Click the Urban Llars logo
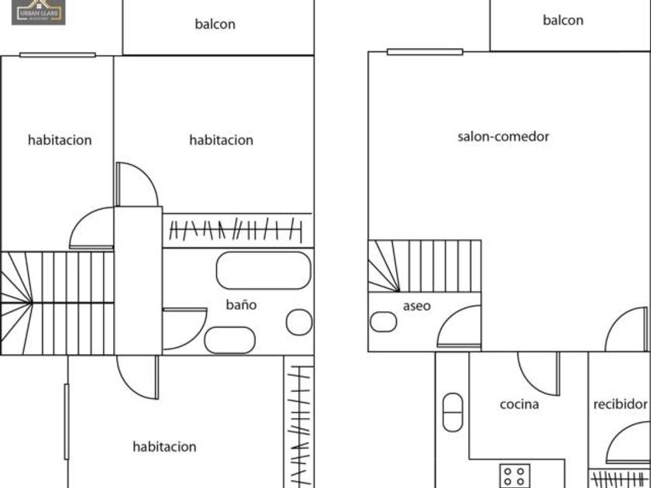click(38, 12)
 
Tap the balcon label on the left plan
click(215, 24)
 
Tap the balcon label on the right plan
click(563, 20)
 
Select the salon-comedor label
click(503, 136)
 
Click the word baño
click(241, 304)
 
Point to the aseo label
click(416, 306)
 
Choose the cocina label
click(519, 404)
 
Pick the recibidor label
click(620, 404)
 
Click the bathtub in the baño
click(263, 270)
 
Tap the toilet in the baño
click(298, 322)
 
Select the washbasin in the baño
click(229, 340)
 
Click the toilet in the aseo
click(383, 321)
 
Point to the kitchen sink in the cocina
click(453, 412)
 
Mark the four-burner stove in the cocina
click(515, 475)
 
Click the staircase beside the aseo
click(424, 266)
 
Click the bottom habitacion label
click(164, 447)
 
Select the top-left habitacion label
click(60, 140)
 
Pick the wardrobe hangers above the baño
click(236, 229)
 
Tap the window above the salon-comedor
click(425, 52)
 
